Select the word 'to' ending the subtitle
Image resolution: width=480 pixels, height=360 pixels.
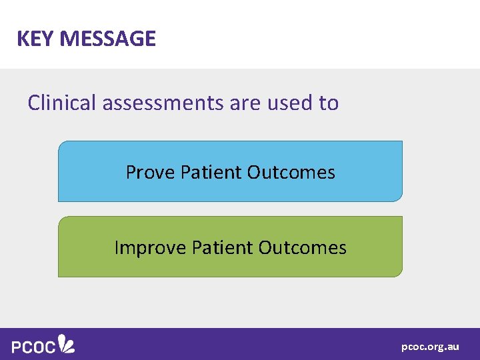point(329,103)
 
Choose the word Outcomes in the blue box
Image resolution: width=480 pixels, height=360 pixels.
point(291,173)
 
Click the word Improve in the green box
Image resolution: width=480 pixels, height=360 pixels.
point(150,248)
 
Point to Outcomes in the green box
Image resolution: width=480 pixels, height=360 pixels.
point(302,248)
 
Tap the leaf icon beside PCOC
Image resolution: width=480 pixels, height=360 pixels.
point(66,343)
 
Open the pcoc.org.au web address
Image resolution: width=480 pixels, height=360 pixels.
point(430,347)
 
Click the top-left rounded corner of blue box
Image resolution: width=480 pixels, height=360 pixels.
point(61,144)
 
